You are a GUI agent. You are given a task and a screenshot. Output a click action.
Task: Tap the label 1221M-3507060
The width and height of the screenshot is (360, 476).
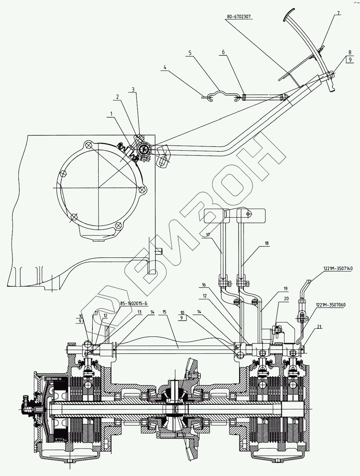[330, 305]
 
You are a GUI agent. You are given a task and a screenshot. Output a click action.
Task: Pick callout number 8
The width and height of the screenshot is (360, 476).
[350, 52]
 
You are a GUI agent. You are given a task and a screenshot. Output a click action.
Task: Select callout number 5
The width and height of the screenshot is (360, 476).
[190, 52]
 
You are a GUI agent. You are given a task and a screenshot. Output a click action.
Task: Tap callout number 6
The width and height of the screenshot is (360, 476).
[223, 52]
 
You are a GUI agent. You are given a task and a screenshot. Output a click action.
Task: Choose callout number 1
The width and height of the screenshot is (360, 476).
[112, 114]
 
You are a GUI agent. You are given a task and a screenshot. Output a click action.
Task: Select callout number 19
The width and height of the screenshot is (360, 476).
[286, 289]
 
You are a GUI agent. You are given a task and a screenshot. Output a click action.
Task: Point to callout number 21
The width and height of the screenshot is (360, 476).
[319, 327]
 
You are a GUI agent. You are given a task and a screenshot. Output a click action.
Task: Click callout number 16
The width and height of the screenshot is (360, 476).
[204, 284]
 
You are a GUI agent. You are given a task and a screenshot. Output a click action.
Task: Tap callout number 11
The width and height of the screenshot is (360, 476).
[96, 312]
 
